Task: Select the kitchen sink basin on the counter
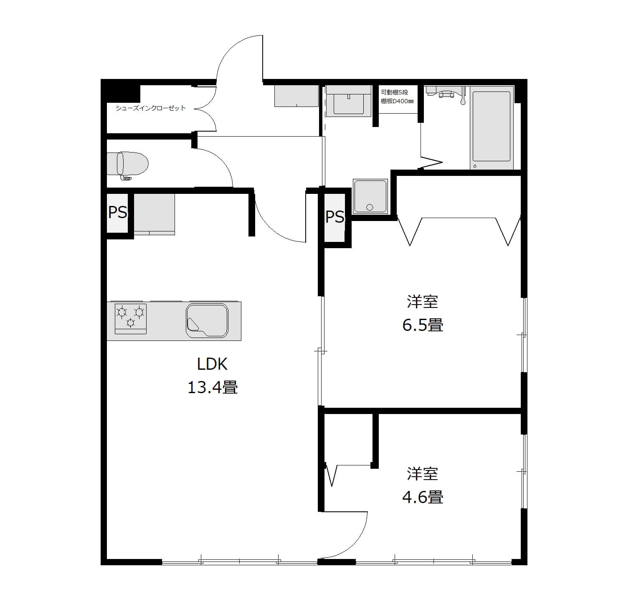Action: [x=207, y=320]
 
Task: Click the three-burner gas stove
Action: [x=131, y=319]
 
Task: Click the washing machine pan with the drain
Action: [x=370, y=196]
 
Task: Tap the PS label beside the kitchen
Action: [x=117, y=212]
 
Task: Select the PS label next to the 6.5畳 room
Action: [x=335, y=217]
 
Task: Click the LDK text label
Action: [x=213, y=364]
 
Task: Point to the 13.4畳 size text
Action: [x=213, y=388]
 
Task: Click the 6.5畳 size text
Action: [x=423, y=325]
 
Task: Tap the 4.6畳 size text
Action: [x=423, y=497]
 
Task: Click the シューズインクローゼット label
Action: [x=150, y=108]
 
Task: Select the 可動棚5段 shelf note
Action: [x=395, y=92]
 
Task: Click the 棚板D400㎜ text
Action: [x=397, y=102]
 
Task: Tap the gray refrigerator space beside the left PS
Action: [x=154, y=214]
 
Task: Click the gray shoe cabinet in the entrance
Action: [x=297, y=96]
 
